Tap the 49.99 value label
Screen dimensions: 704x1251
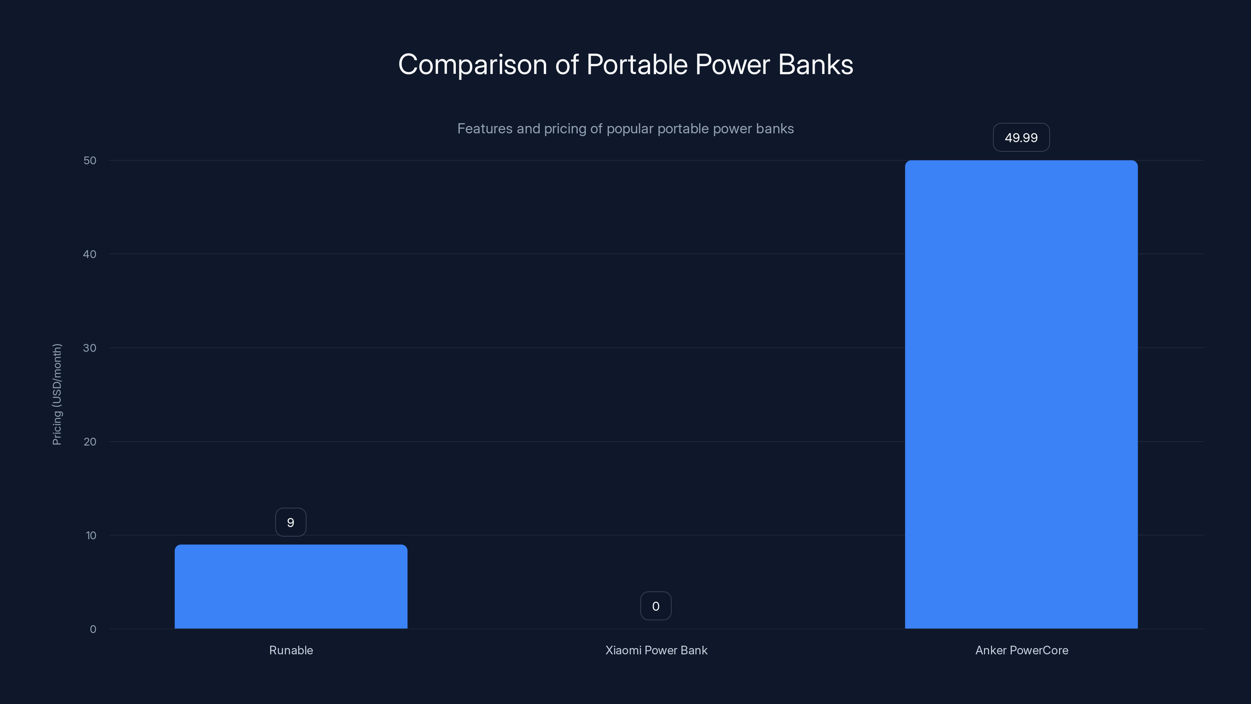click(1021, 138)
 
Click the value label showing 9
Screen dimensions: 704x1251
click(290, 522)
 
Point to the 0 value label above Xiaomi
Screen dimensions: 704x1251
click(656, 606)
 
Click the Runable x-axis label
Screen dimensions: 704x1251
click(291, 650)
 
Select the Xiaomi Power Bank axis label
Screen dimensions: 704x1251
click(656, 650)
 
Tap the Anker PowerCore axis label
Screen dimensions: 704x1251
click(1021, 650)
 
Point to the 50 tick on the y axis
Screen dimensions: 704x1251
click(90, 160)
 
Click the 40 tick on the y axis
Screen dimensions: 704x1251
click(90, 254)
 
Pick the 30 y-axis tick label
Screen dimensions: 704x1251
click(90, 348)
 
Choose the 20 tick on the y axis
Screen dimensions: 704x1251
click(90, 442)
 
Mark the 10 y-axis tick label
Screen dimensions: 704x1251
click(91, 535)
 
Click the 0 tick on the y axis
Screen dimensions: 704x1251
click(93, 629)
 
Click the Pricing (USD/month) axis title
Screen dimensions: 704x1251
click(57, 394)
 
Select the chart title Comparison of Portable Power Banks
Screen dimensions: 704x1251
click(625, 65)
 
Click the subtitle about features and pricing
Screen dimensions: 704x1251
click(625, 129)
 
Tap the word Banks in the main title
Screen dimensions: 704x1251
click(815, 65)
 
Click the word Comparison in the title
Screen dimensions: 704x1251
click(473, 65)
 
